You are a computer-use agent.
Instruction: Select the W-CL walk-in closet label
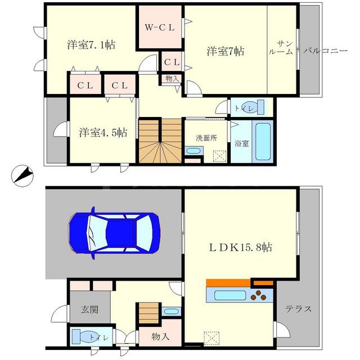pos(160,27)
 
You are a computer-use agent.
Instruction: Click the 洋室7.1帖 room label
pos(91,45)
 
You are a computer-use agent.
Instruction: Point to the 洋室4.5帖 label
pos(102,133)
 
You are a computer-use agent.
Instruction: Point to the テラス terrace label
pos(298,308)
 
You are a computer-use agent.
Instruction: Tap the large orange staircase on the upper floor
pos(160,142)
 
